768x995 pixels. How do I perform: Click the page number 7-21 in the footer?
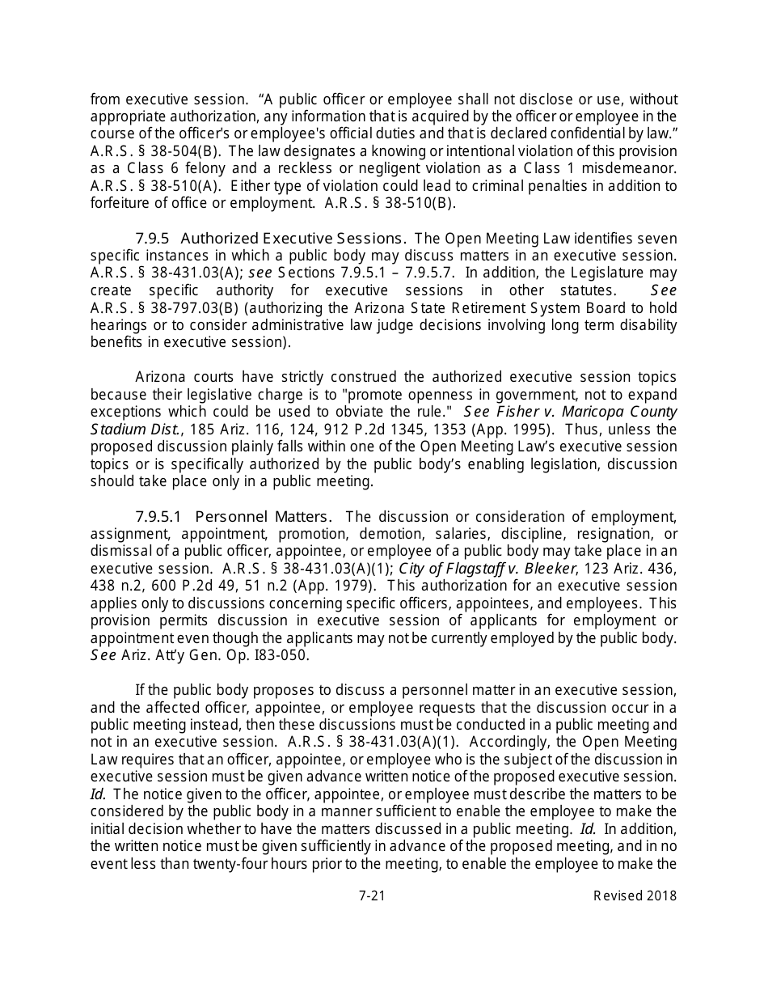372,895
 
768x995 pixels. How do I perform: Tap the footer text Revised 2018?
635,895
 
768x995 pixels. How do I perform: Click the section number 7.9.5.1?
159,516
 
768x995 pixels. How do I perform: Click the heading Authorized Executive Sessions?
293,238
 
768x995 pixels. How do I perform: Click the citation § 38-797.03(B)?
173,308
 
